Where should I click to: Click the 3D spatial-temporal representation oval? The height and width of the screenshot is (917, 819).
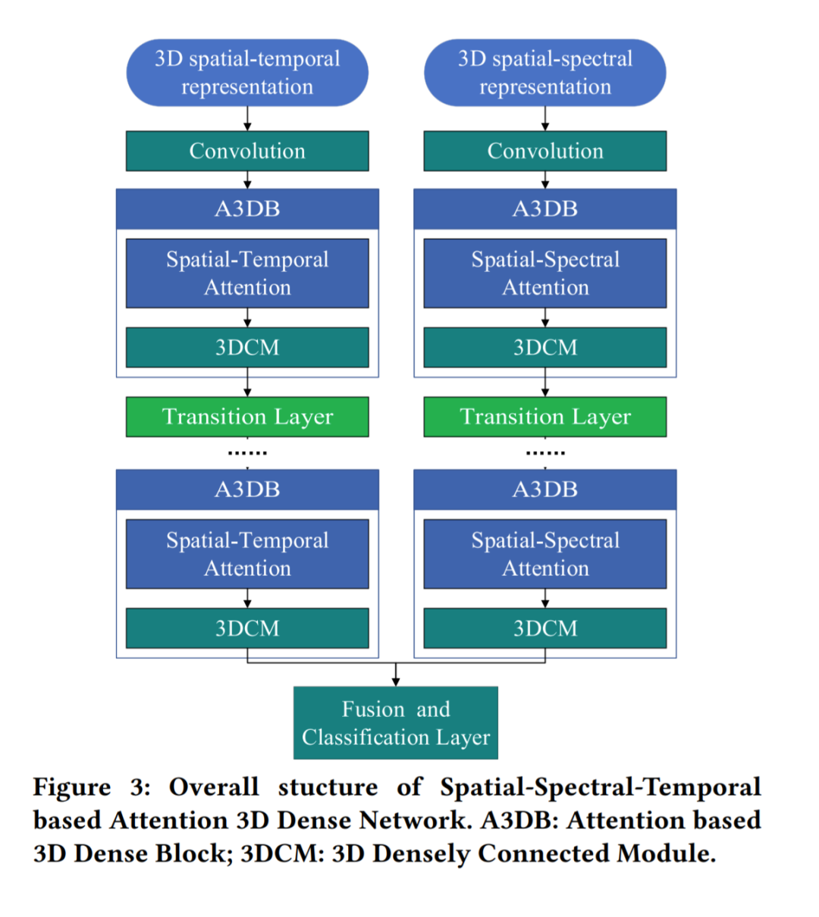click(x=247, y=73)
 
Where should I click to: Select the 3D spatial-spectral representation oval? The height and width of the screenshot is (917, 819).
click(x=544, y=73)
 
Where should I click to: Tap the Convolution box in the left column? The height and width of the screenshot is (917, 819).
click(x=247, y=151)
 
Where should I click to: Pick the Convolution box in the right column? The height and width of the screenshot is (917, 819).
click(x=544, y=151)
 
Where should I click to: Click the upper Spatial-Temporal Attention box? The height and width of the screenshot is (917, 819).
click(x=247, y=274)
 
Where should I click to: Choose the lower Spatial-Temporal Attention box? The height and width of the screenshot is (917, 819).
click(x=247, y=554)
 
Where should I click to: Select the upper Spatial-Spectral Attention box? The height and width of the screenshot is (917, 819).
click(x=544, y=274)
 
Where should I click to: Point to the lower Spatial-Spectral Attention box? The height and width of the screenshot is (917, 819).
click(x=544, y=554)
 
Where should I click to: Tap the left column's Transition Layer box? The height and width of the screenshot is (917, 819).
click(x=247, y=417)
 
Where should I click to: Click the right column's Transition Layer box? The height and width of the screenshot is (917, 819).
click(x=544, y=417)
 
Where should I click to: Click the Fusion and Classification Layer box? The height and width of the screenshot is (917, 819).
click(x=396, y=723)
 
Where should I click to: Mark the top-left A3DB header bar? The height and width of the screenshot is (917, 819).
click(x=247, y=208)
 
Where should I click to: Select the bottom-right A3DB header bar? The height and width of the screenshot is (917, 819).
click(x=544, y=489)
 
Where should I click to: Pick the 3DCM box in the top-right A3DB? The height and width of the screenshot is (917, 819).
click(x=544, y=347)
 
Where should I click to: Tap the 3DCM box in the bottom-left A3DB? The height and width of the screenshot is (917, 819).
click(x=247, y=628)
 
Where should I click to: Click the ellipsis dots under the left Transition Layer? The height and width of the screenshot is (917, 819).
click(x=247, y=453)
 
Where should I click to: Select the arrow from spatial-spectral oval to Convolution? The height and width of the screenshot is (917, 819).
click(x=544, y=119)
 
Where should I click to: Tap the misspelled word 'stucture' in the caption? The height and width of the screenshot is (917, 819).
click(x=328, y=787)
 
